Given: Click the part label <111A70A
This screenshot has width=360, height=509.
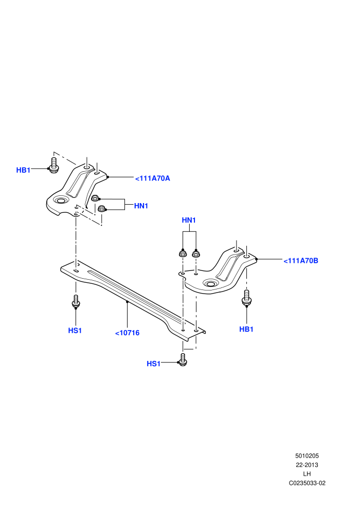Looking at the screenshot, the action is (x=153, y=178).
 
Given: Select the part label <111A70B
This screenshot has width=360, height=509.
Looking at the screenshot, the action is (x=301, y=261).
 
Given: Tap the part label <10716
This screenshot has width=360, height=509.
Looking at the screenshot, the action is (x=127, y=333).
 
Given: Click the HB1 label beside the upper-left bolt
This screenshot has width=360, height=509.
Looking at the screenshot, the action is (x=23, y=170).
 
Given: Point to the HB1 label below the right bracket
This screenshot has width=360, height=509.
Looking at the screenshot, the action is (x=246, y=329).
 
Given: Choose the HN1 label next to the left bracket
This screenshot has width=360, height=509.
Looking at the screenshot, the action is (x=141, y=206).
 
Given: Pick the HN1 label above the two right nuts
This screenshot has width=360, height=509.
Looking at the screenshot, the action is (x=189, y=220).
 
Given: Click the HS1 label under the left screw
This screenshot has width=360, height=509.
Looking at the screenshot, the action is (x=75, y=331).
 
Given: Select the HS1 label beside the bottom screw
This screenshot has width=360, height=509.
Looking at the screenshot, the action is (x=154, y=363).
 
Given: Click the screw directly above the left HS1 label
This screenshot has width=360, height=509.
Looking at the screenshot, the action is (x=76, y=301).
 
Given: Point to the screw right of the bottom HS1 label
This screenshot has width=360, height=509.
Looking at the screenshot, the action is (x=183, y=360).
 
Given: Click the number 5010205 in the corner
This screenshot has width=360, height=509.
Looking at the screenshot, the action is (x=307, y=456).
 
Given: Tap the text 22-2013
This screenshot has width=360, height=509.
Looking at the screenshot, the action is (x=307, y=465).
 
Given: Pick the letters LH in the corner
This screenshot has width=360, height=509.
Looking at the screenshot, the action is (x=307, y=474).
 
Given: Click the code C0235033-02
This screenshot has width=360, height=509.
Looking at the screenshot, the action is (x=307, y=483).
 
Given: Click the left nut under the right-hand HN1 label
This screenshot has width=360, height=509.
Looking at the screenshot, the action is (x=183, y=253).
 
